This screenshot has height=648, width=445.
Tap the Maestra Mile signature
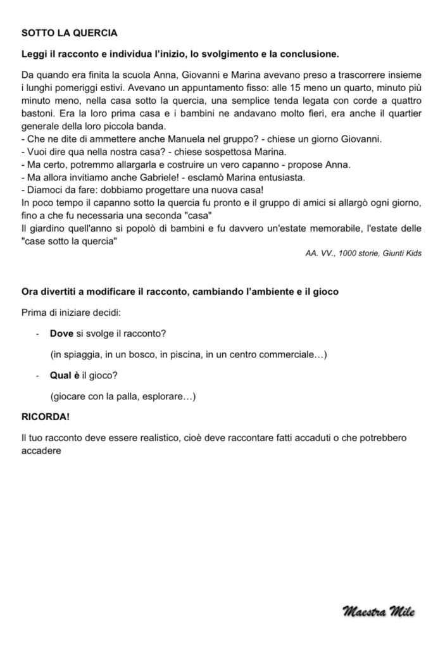(x=379, y=611)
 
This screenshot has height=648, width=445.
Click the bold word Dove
(x=61, y=333)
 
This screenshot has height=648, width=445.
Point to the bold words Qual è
(x=65, y=375)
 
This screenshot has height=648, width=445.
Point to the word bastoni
(x=38, y=114)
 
